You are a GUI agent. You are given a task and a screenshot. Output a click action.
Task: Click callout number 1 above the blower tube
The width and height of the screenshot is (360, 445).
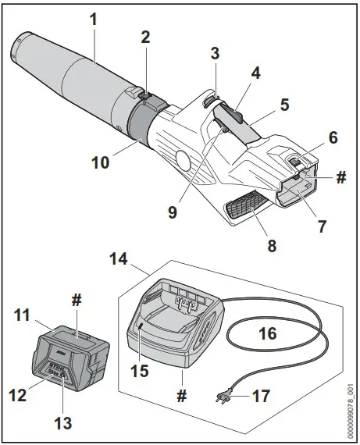[x=94, y=17]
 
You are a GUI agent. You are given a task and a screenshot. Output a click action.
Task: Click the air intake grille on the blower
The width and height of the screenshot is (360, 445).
[x=248, y=208]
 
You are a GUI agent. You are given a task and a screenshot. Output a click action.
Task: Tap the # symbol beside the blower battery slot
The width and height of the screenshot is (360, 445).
[x=340, y=177]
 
